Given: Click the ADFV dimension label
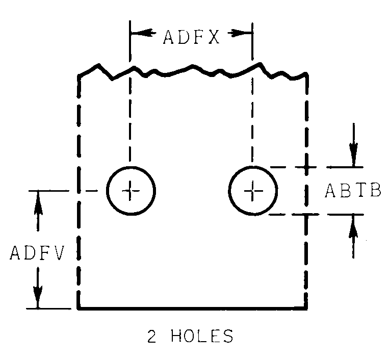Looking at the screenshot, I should (x=36, y=253).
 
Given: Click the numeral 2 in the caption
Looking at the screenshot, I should (x=151, y=337).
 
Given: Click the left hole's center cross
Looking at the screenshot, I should (x=131, y=191).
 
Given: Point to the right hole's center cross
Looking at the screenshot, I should (x=253, y=191).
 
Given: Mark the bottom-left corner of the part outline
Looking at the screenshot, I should (x=79, y=308).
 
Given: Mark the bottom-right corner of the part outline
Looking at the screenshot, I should (x=306, y=308).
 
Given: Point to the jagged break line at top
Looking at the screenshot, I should (x=192, y=70).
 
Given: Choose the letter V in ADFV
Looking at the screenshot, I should (x=59, y=253).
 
